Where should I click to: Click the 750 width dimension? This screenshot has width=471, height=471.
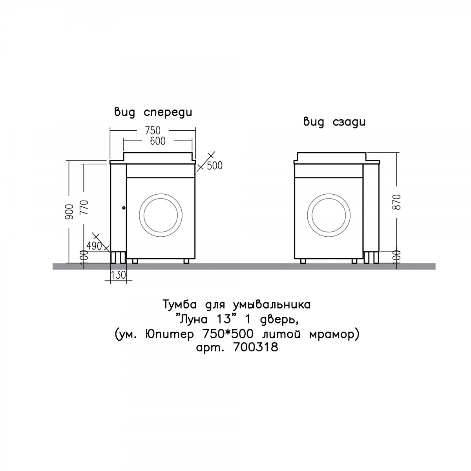coord(153,131)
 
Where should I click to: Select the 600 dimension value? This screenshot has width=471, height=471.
coord(158,141)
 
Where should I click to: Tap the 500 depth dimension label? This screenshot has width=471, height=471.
coord(215,166)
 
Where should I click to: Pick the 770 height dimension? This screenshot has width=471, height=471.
coord(84,208)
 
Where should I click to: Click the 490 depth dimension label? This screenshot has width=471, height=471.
coord(94,246)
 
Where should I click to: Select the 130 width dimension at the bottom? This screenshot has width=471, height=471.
coord(119,275)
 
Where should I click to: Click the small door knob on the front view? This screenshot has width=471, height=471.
coord(124,208)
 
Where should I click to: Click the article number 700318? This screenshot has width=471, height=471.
coord(256,347)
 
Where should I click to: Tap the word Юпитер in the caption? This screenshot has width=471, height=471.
coord(170,334)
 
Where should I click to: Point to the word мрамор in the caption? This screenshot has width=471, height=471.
coord(332,335)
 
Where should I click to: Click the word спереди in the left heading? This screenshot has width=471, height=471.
coord(168,113)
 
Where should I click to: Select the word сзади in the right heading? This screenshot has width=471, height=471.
coord(349,122)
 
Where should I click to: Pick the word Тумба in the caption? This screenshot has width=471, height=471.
coord(179,305)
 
